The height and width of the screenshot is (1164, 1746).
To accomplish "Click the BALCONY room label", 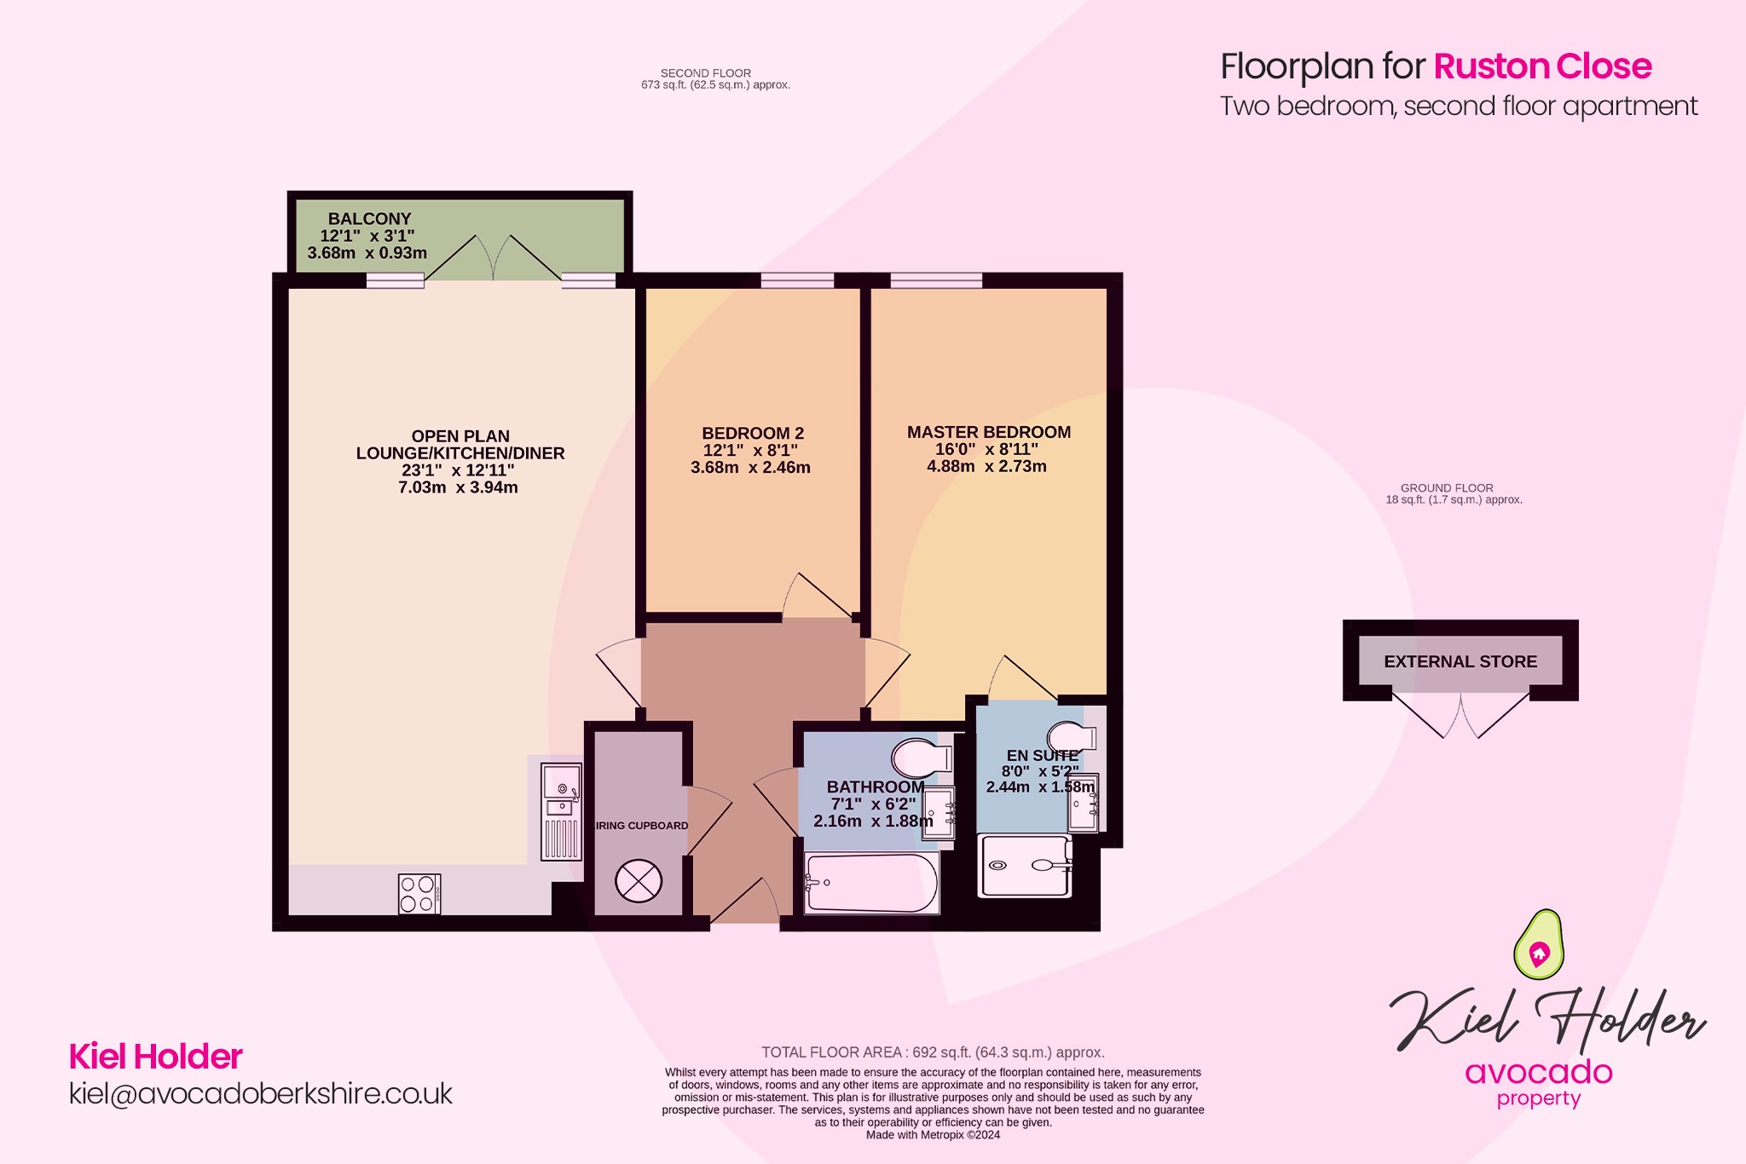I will (x=369, y=219).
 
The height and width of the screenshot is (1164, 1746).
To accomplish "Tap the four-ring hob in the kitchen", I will (x=419, y=894).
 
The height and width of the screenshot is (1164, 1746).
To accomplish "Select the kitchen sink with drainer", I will (x=562, y=810).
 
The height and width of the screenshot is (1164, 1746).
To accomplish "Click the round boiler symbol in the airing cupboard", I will (x=639, y=881).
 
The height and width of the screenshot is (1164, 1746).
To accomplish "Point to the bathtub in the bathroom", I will (x=870, y=884).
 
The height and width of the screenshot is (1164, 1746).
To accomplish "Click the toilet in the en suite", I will (x=1072, y=736).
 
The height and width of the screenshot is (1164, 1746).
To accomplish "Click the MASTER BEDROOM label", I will (x=988, y=432).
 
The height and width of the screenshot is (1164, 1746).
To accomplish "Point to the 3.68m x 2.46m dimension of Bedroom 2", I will (x=750, y=468).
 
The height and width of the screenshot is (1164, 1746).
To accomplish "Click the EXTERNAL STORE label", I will (x=1460, y=661).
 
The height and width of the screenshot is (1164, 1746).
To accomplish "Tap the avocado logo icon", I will (x=1538, y=944).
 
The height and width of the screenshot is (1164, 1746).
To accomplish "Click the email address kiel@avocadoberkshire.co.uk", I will (x=260, y=1093).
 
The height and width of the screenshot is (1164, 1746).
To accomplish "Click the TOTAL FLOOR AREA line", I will (x=933, y=1052).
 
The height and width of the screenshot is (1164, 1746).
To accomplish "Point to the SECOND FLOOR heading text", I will (x=706, y=73).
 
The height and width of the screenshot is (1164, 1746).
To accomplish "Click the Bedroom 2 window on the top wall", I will (x=797, y=280).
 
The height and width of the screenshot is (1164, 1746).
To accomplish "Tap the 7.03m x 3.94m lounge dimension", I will (x=458, y=487).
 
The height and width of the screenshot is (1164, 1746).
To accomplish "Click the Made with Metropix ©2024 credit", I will (x=933, y=1135).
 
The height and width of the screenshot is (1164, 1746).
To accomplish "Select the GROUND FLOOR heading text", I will (x=1447, y=488).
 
